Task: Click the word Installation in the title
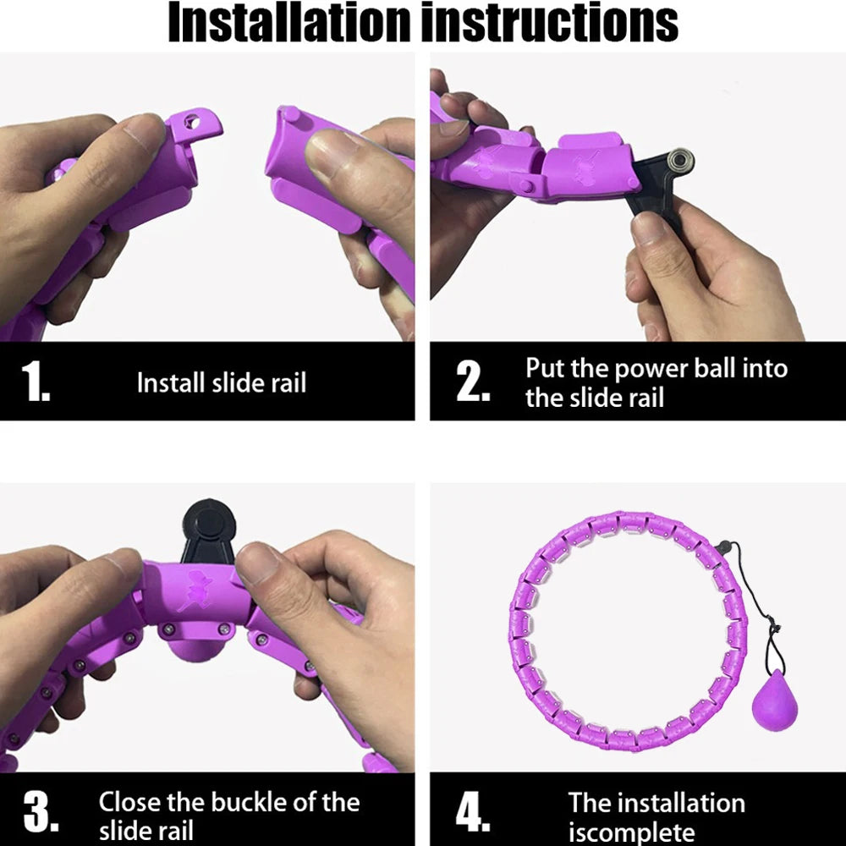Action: (289, 22)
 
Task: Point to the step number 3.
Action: (41, 812)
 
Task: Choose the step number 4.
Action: (473, 812)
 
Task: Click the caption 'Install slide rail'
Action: (221, 382)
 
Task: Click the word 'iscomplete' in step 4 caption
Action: (631, 832)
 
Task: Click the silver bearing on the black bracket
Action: (680, 162)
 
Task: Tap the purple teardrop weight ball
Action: (774, 700)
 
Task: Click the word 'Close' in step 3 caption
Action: (129, 802)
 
